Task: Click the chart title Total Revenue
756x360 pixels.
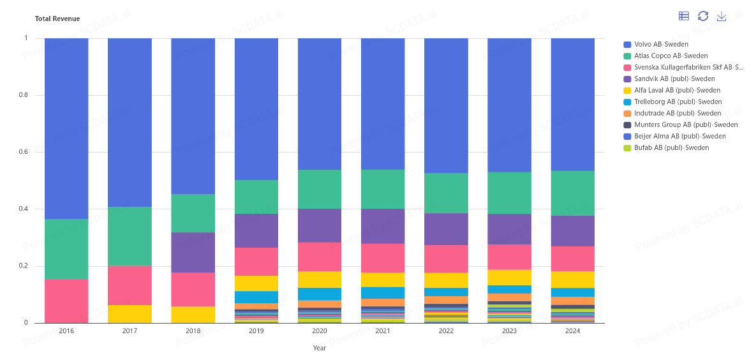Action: click(57, 19)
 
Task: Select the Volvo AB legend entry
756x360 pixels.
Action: click(661, 44)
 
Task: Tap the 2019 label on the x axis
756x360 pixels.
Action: click(256, 331)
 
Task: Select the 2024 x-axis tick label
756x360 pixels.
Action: click(572, 331)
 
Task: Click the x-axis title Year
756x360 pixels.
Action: click(320, 348)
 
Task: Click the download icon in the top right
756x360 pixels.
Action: click(722, 16)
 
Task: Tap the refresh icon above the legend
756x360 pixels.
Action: click(703, 16)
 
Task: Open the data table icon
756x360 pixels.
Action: click(684, 16)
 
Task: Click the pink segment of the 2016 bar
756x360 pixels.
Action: click(66, 301)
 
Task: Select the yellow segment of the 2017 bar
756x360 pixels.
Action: click(130, 313)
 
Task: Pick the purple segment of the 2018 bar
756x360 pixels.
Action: click(193, 252)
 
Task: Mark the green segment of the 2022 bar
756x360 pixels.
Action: click(446, 193)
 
